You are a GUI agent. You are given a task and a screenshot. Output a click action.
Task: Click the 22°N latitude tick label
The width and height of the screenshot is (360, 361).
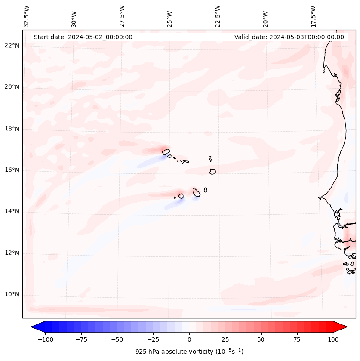pos(12,46)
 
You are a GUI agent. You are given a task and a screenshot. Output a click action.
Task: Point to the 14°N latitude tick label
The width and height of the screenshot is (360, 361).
pos(12,211)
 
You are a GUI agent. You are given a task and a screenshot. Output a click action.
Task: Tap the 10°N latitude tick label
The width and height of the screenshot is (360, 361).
pos(12,295)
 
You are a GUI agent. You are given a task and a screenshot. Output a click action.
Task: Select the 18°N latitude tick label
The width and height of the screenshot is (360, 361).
pos(12,129)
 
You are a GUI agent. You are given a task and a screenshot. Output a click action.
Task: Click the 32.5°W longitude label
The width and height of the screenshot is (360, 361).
pos(27,16)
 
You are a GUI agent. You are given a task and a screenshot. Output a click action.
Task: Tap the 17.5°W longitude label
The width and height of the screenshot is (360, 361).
pos(313,16)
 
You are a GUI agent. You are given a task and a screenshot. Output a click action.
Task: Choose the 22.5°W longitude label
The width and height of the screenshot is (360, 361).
pos(218,16)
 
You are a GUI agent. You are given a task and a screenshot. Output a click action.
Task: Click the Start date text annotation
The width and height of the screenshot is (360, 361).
pos(83,37)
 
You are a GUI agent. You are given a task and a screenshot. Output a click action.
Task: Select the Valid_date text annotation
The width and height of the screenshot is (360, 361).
pos(289,37)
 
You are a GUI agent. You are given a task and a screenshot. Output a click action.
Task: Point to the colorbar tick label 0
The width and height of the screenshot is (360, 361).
pos(189,339)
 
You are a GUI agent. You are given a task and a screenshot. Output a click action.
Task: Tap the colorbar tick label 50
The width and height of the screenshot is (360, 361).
pos(261,339)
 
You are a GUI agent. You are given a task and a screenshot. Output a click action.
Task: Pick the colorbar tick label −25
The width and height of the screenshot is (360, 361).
pos(153,339)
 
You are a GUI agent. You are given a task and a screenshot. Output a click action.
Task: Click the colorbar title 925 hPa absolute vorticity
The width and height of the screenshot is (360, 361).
pos(189,352)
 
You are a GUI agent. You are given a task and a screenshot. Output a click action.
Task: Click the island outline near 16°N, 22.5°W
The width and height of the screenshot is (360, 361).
pos(212,171)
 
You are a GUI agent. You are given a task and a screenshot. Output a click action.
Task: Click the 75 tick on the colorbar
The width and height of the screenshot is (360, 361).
pos(297,339)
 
